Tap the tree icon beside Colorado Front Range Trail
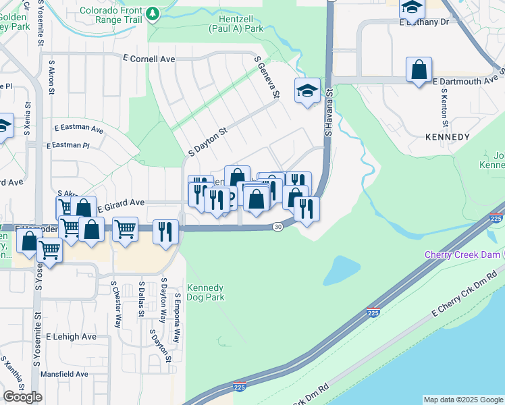click(x=153, y=13)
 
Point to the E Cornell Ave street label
click(x=148, y=59)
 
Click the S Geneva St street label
click(x=266, y=78)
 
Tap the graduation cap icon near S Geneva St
click(x=307, y=91)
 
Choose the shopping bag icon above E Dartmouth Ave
click(x=419, y=70)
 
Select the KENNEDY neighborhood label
click(x=447, y=137)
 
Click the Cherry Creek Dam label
click(x=462, y=254)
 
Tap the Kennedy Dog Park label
click(x=205, y=292)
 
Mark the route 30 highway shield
click(x=277, y=227)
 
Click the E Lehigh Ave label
click(x=71, y=336)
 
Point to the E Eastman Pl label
click(x=68, y=145)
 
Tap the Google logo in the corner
click(x=22, y=397)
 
